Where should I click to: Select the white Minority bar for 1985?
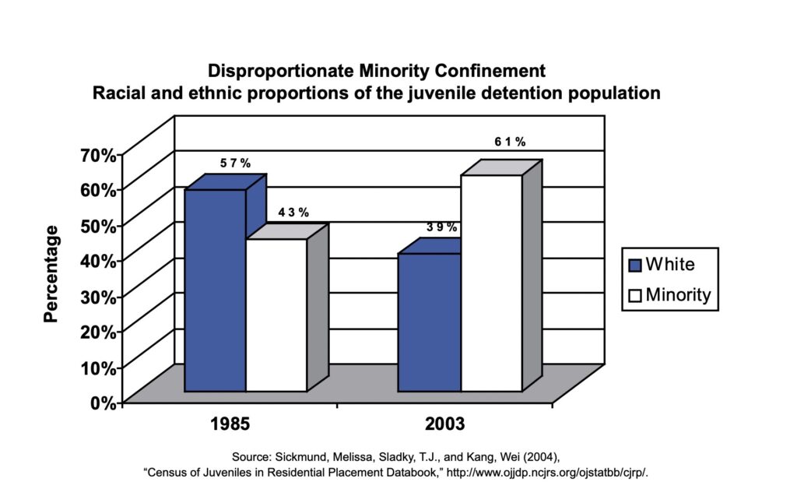point(276,315)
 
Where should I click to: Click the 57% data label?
point(234,164)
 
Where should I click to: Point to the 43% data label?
point(293,212)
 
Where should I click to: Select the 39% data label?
point(442,227)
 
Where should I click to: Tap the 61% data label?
point(510,142)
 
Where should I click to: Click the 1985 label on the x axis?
point(230,425)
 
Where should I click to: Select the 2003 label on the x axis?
point(444,425)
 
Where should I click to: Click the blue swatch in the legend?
point(634,265)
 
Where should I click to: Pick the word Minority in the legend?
point(678,295)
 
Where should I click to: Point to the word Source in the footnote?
point(250,456)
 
